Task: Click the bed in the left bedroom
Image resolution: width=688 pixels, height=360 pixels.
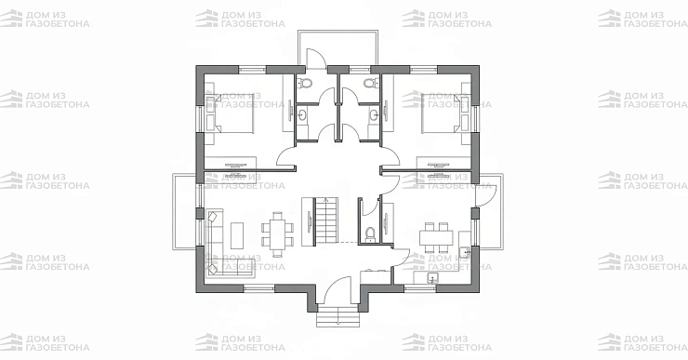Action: coord(230,113)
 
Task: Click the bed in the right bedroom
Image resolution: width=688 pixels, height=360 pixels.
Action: coord(446,113)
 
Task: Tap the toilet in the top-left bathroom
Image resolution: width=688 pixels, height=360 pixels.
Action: coord(305,83)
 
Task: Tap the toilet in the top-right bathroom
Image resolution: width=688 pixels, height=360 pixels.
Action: coord(371,83)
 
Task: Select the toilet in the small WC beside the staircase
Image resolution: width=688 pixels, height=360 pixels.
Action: coord(371,233)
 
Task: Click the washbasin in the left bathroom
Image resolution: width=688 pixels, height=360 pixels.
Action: coord(302,115)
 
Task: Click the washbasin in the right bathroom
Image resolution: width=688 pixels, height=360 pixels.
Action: coord(374,115)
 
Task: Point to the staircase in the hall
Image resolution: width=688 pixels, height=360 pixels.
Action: coord(326,220)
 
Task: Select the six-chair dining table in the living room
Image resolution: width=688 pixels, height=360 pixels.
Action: coord(278,234)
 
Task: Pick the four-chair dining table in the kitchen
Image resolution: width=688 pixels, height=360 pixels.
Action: coord(436,237)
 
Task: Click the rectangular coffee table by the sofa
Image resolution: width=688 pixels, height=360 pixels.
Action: coord(237,235)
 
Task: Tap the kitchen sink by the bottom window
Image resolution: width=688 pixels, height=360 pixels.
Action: coord(432,278)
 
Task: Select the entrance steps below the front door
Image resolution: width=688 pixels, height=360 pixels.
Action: coord(337,317)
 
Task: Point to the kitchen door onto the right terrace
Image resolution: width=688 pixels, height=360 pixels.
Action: coord(486,195)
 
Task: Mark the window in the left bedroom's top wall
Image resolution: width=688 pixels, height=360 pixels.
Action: coord(253,70)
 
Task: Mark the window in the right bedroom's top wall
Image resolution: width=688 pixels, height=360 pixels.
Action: coord(424,70)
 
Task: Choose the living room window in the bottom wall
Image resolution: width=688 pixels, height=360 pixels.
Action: coord(258,288)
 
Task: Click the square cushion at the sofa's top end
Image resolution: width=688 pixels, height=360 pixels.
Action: coord(213,217)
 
